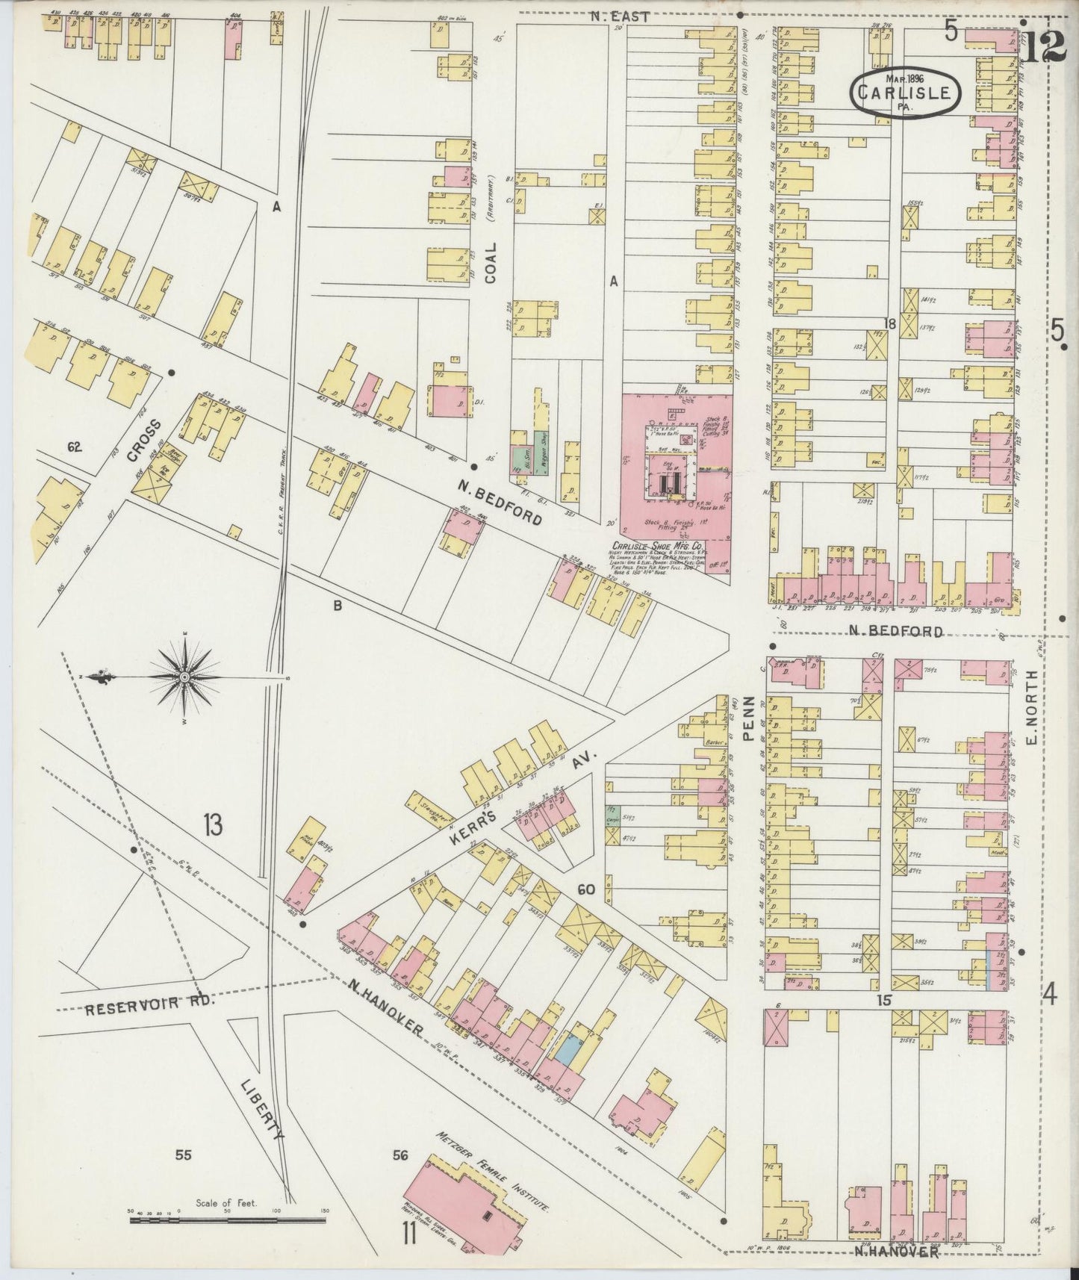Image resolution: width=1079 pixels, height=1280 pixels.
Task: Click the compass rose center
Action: point(184,677)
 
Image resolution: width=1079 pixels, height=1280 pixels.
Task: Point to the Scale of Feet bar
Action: point(227,1220)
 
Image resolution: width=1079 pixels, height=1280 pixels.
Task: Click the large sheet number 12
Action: point(1043,47)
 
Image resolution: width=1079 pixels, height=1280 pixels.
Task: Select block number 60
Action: point(585,889)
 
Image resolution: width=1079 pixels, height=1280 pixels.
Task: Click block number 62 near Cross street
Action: point(73,448)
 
